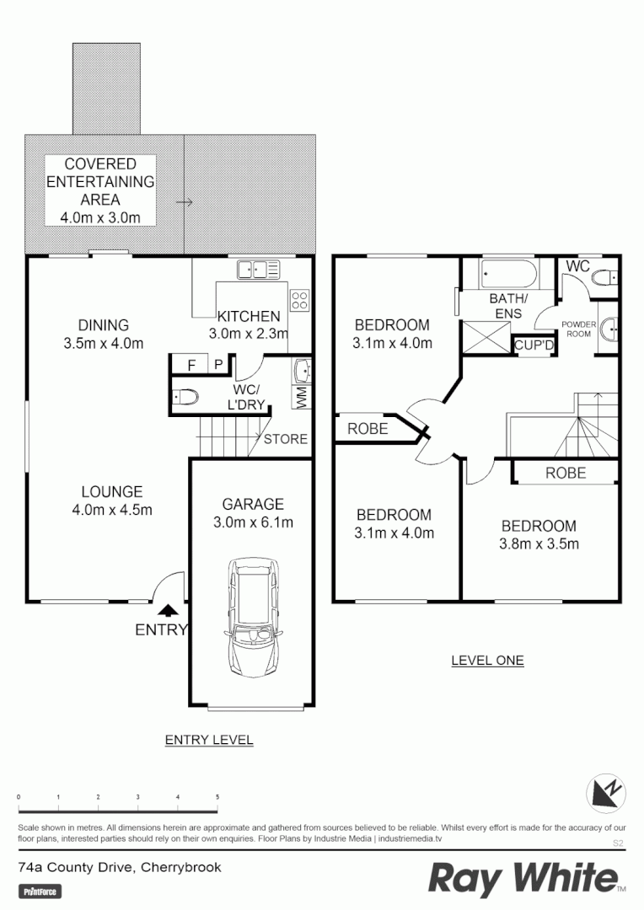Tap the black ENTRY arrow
(x=169, y=611)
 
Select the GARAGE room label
(x=252, y=504)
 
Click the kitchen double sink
(x=259, y=270)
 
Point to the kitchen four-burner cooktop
(x=299, y=299)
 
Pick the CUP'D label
(x=533, y=345)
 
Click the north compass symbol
(x=606, y=792)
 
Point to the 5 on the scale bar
(x=217, y=796)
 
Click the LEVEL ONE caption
(x=487, y=660)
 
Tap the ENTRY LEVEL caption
(x=208, y=740)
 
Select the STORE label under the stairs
(x=286, y=439)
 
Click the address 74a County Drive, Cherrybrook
(x=120, y=866)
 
